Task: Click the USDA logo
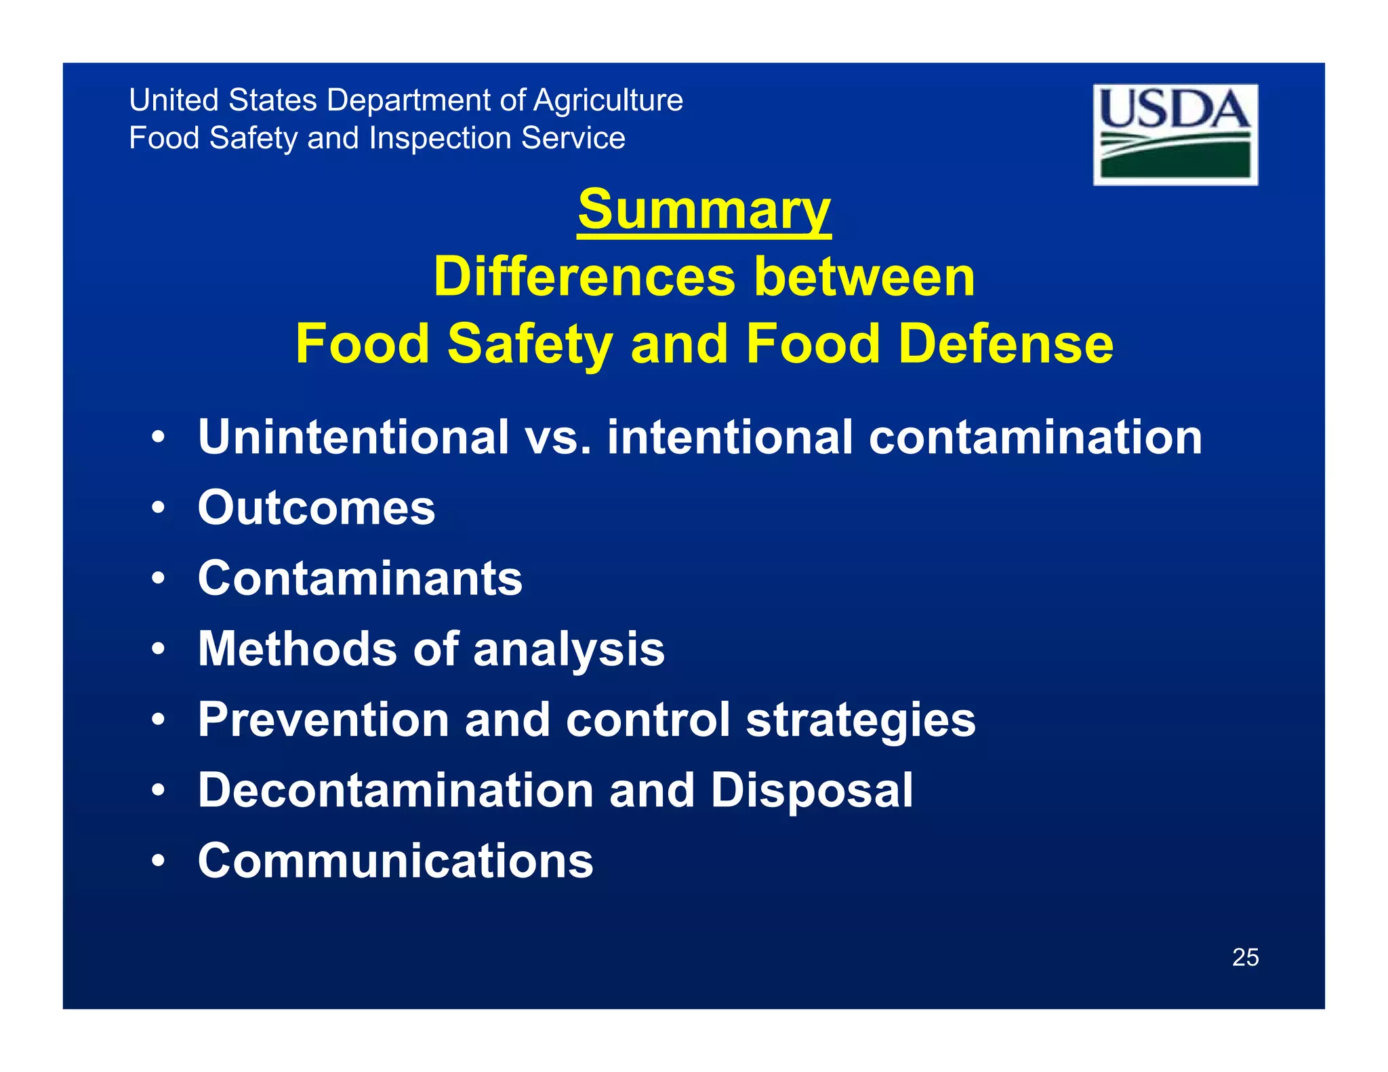(1175, 134)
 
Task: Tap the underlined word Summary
(703, 210)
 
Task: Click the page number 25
(1245, 957)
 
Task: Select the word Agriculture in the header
(608, 100)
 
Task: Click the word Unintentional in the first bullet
(353, 437)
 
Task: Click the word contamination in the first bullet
(1035, 437)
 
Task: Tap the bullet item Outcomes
(317, 508)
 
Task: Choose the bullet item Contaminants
(360, 578)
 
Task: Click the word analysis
(569, 649)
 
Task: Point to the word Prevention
(323, 720)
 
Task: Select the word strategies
(861, 720)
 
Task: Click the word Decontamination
(396, 790)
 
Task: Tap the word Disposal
(811, 790)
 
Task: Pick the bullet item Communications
(395, 861)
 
